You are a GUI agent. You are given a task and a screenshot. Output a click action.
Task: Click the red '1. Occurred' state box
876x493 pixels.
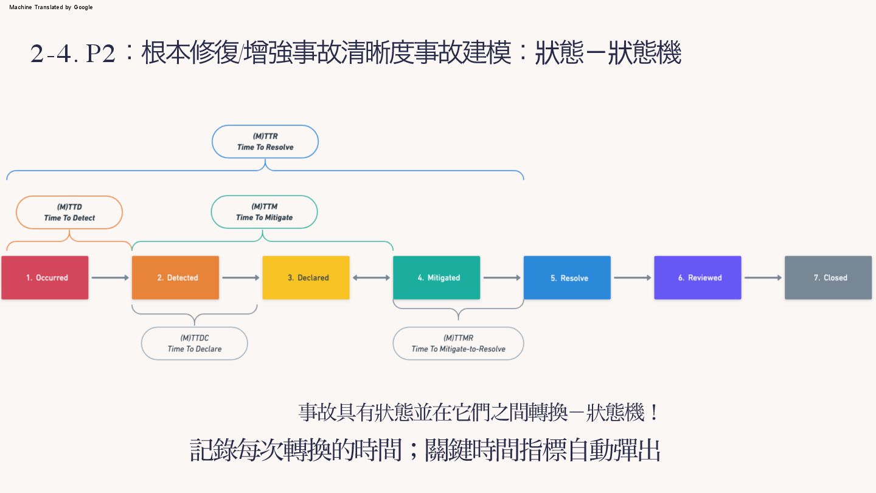point(45,278)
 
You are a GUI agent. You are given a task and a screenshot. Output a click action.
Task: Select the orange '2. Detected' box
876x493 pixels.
point(175,278)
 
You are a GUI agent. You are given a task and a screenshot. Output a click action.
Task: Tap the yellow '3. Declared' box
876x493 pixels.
point(306,278)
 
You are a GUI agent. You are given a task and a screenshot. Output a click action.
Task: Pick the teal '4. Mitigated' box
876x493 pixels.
point(436,278)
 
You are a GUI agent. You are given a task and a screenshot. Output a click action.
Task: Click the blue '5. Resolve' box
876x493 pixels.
point(567,278)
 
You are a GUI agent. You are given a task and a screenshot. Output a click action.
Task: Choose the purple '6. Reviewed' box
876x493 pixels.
point(698,278)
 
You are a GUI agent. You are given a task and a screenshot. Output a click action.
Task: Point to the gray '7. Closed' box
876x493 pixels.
point(828,278)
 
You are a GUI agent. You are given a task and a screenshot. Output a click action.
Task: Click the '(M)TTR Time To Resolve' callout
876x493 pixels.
point(265,142)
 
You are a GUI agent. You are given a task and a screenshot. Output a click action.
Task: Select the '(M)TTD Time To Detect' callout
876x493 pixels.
point(69,212)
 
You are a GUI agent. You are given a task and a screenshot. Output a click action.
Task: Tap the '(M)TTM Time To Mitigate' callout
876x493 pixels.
point(264,212)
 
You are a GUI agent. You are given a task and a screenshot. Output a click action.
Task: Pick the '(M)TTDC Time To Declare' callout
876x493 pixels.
point(195,343)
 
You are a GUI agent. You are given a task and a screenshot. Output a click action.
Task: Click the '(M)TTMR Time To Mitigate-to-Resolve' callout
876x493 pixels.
point(458,343)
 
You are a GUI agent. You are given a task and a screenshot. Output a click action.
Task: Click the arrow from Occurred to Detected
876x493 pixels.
point(110,278)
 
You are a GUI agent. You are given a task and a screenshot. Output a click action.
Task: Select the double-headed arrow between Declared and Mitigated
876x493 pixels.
point(371,278)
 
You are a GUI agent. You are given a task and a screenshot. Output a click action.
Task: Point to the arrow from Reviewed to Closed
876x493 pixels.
point(763,278)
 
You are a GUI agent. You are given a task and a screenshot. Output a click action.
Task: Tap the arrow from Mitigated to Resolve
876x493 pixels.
point(502,278)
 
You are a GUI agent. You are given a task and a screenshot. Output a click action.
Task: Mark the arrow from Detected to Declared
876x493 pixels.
point(241,278)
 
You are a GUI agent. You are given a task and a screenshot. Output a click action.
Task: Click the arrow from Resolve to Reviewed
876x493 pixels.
point(633,278)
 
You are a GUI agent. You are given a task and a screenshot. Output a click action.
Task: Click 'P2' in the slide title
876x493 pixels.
point(101,54)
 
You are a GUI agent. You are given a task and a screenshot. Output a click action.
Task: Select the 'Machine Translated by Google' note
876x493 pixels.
point(51,7)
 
